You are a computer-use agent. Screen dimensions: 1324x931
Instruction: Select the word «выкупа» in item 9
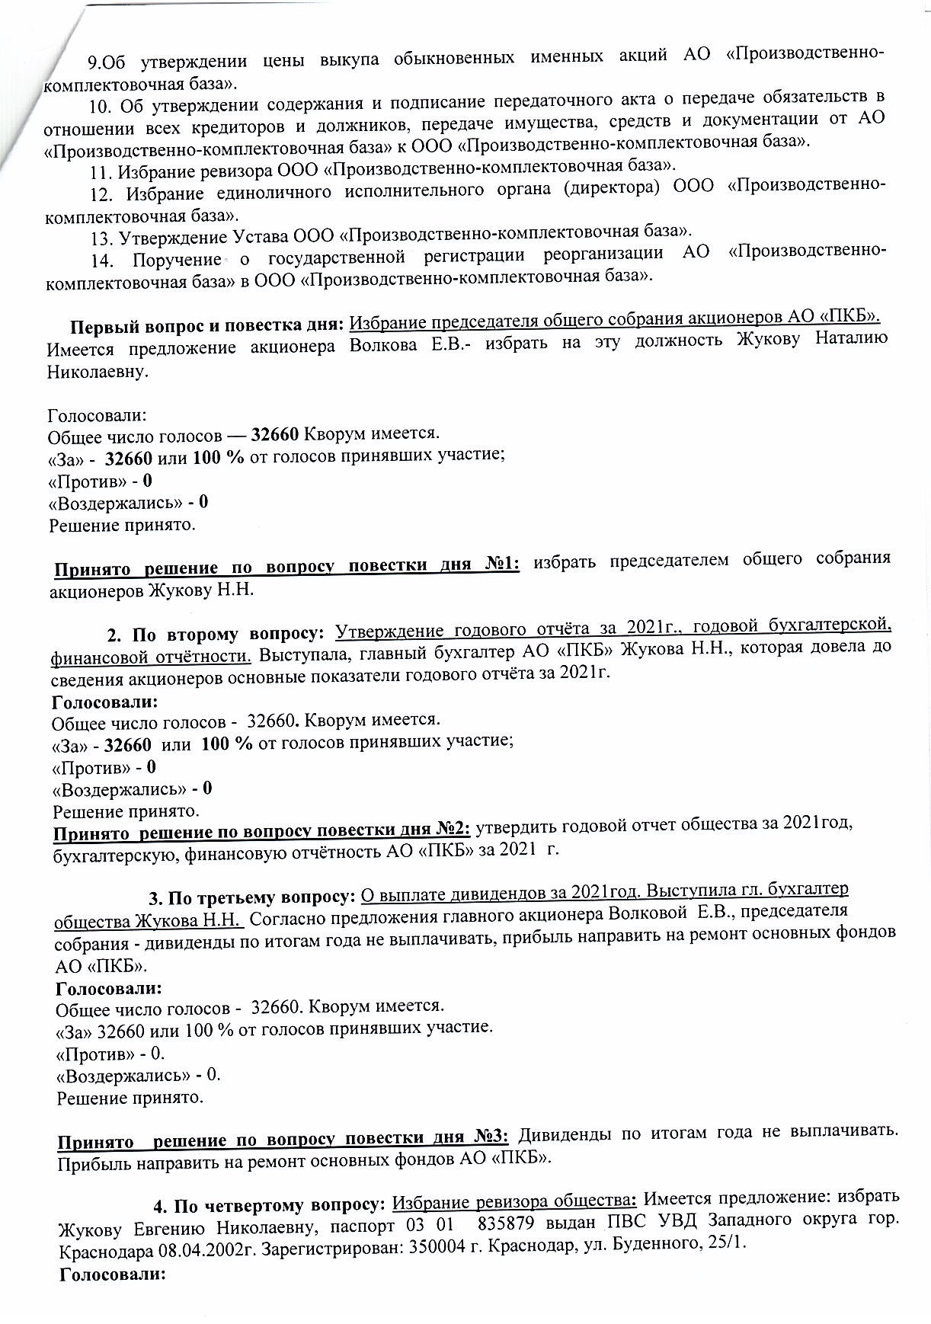tap(348, 58)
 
